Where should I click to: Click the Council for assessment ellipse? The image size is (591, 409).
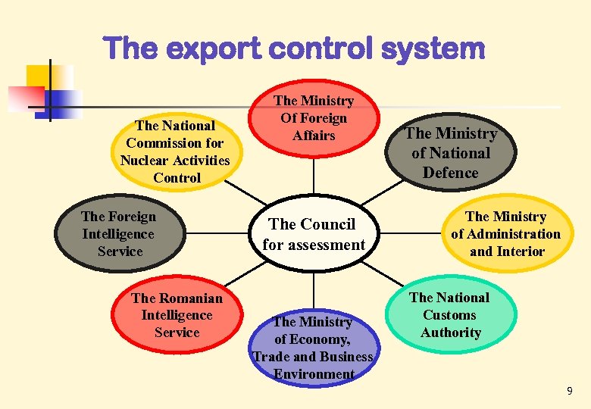pos(313,234)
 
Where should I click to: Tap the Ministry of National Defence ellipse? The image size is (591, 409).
pos(450,153)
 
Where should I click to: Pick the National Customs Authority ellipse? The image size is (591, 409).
pos(450,315)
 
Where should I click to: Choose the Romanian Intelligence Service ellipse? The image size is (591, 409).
pos(177,315)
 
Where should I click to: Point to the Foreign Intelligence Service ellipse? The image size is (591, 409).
pos(120,234)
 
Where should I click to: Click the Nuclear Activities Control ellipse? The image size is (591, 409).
pos(174,151)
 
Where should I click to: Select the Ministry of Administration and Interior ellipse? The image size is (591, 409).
pos(506,234)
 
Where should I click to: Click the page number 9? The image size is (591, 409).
pos(569,392)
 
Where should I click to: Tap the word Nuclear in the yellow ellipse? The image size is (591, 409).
pos(145,161)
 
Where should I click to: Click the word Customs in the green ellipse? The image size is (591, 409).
pos(449,315)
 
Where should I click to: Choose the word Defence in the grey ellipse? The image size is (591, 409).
pos(450,173)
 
